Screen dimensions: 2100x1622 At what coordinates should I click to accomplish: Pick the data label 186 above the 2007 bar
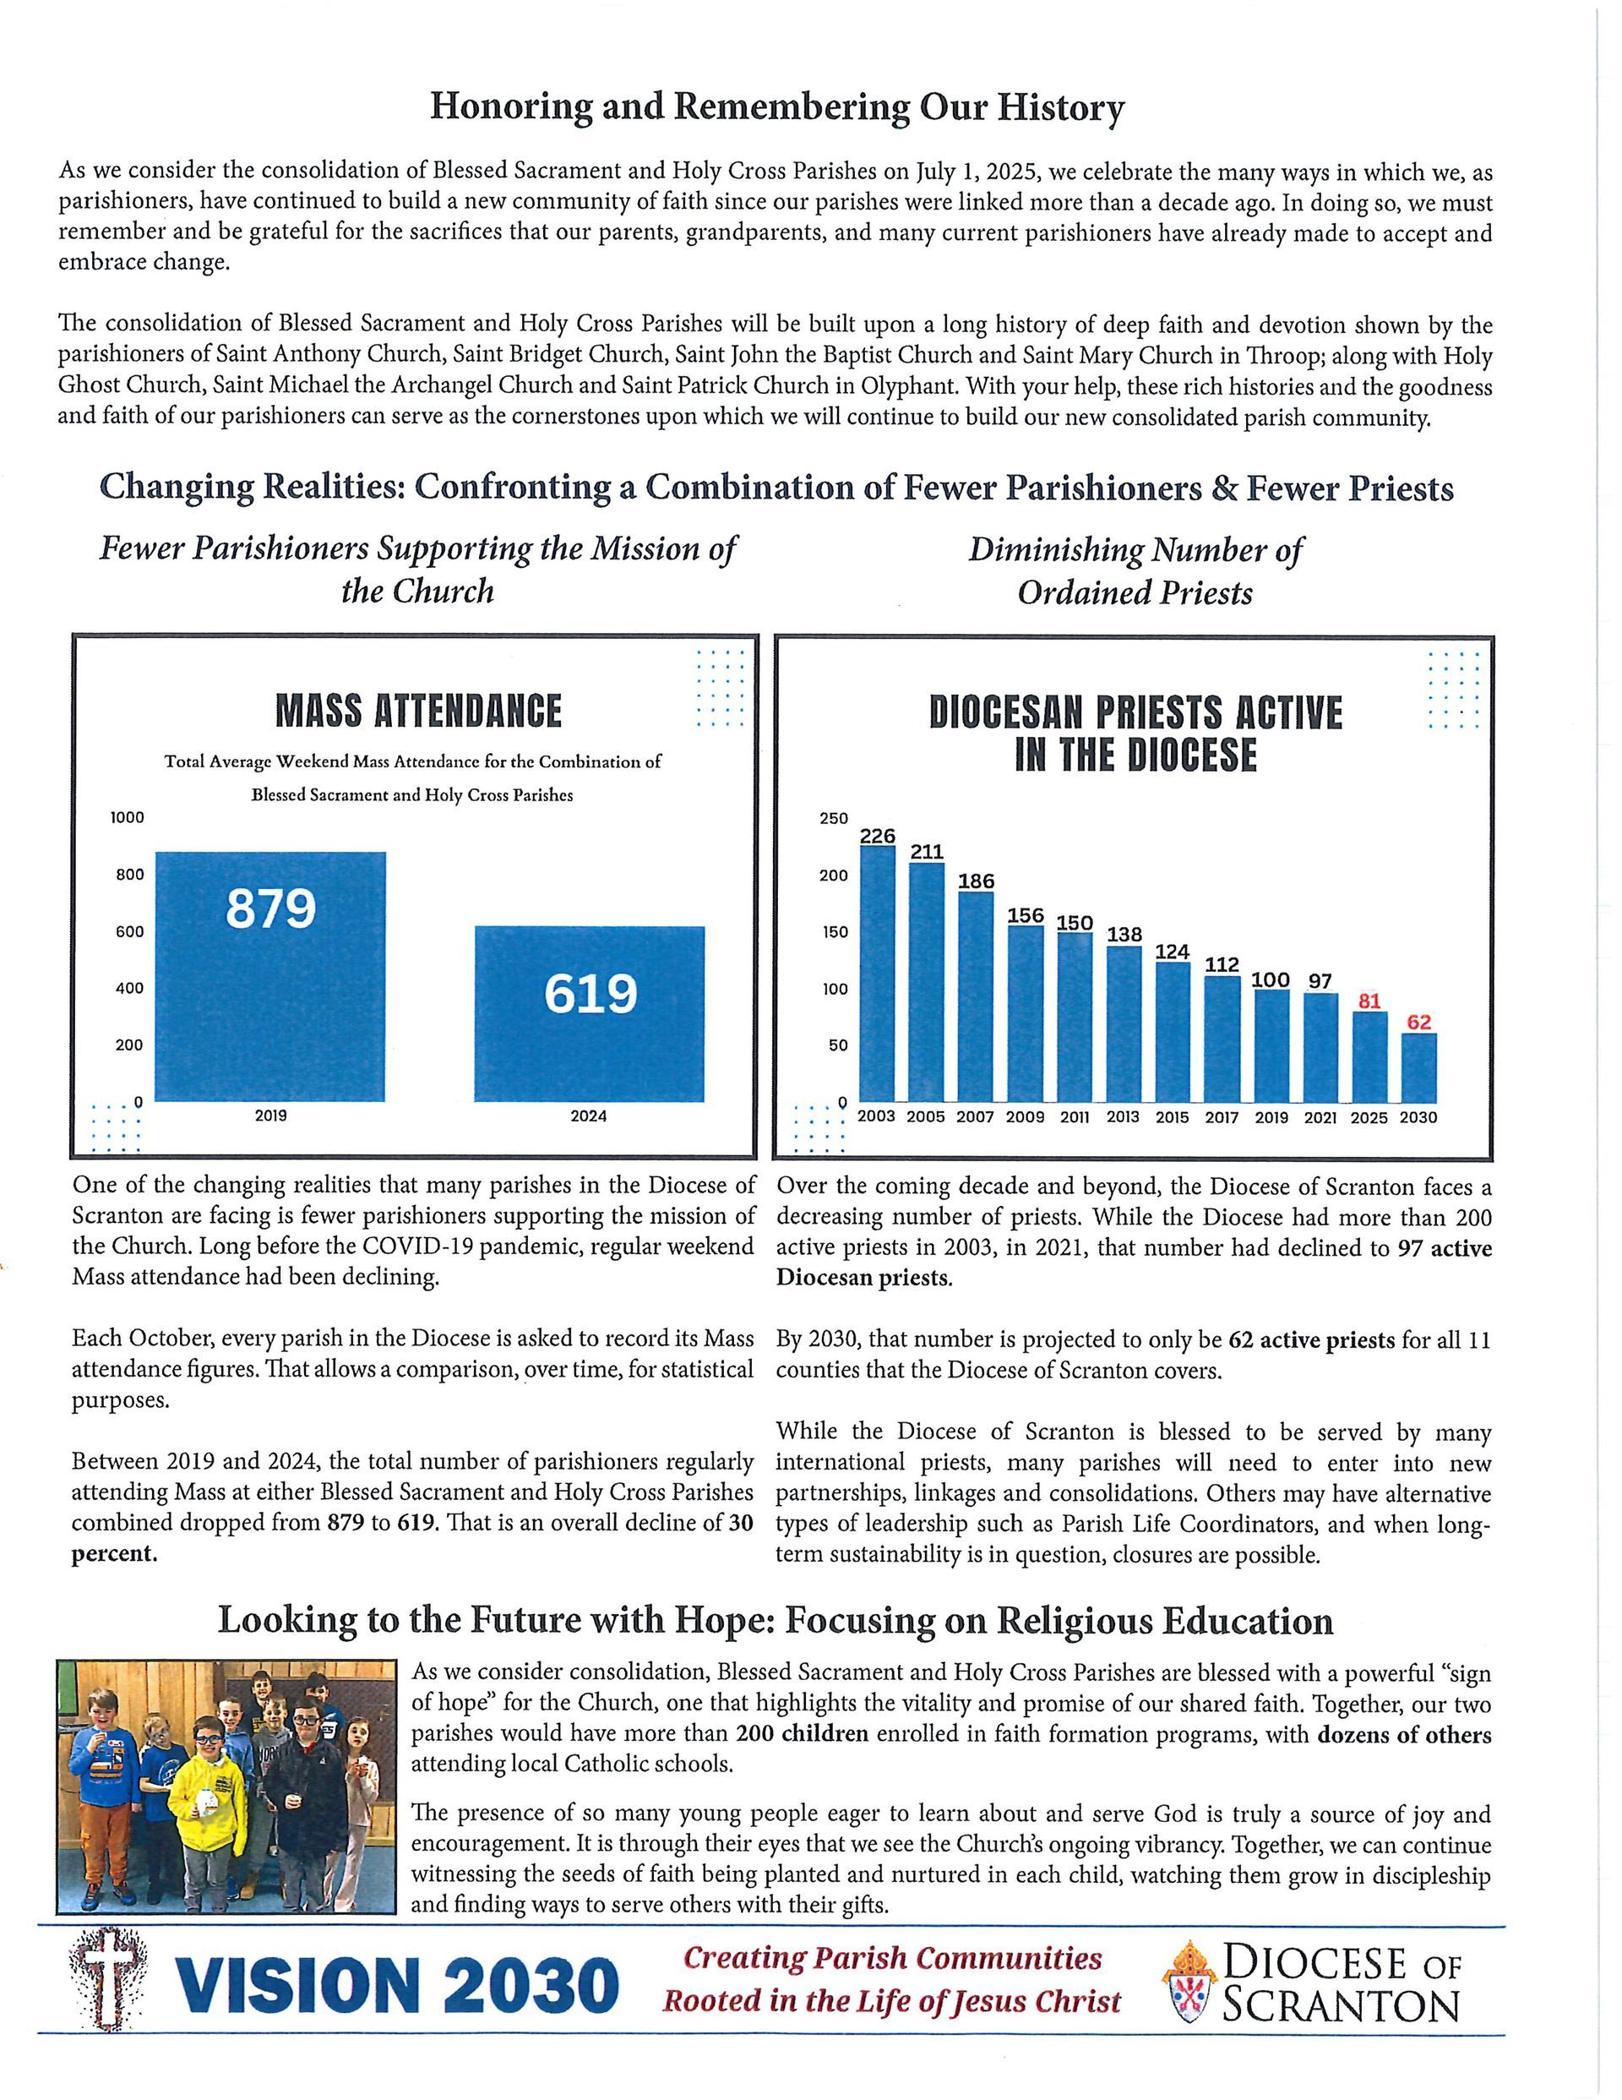(976, 881)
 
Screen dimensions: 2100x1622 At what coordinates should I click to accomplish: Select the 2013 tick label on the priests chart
(1123, 1117)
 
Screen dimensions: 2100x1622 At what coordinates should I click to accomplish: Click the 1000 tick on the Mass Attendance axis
(128, 817)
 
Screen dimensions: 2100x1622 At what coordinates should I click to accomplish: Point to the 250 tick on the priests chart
(833, 818)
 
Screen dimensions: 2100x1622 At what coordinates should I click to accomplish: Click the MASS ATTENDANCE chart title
(418, 712)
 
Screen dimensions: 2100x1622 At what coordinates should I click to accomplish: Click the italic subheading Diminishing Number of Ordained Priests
(1135, 571)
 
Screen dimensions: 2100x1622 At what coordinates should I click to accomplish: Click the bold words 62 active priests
(1311, 1339)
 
